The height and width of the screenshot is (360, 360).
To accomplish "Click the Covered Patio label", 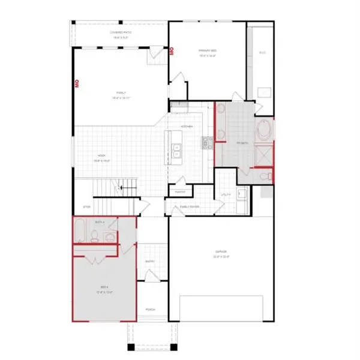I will [119, 34].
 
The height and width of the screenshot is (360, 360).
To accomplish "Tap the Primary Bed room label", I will [207, 52].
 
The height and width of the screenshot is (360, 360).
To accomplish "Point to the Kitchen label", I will [185, 127].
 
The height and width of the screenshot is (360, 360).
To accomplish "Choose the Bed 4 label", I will [105, 291].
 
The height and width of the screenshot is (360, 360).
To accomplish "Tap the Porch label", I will [150, 310].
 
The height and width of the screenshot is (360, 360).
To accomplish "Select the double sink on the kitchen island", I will [177, 151].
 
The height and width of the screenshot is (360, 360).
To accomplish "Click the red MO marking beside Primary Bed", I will [172, 51].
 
